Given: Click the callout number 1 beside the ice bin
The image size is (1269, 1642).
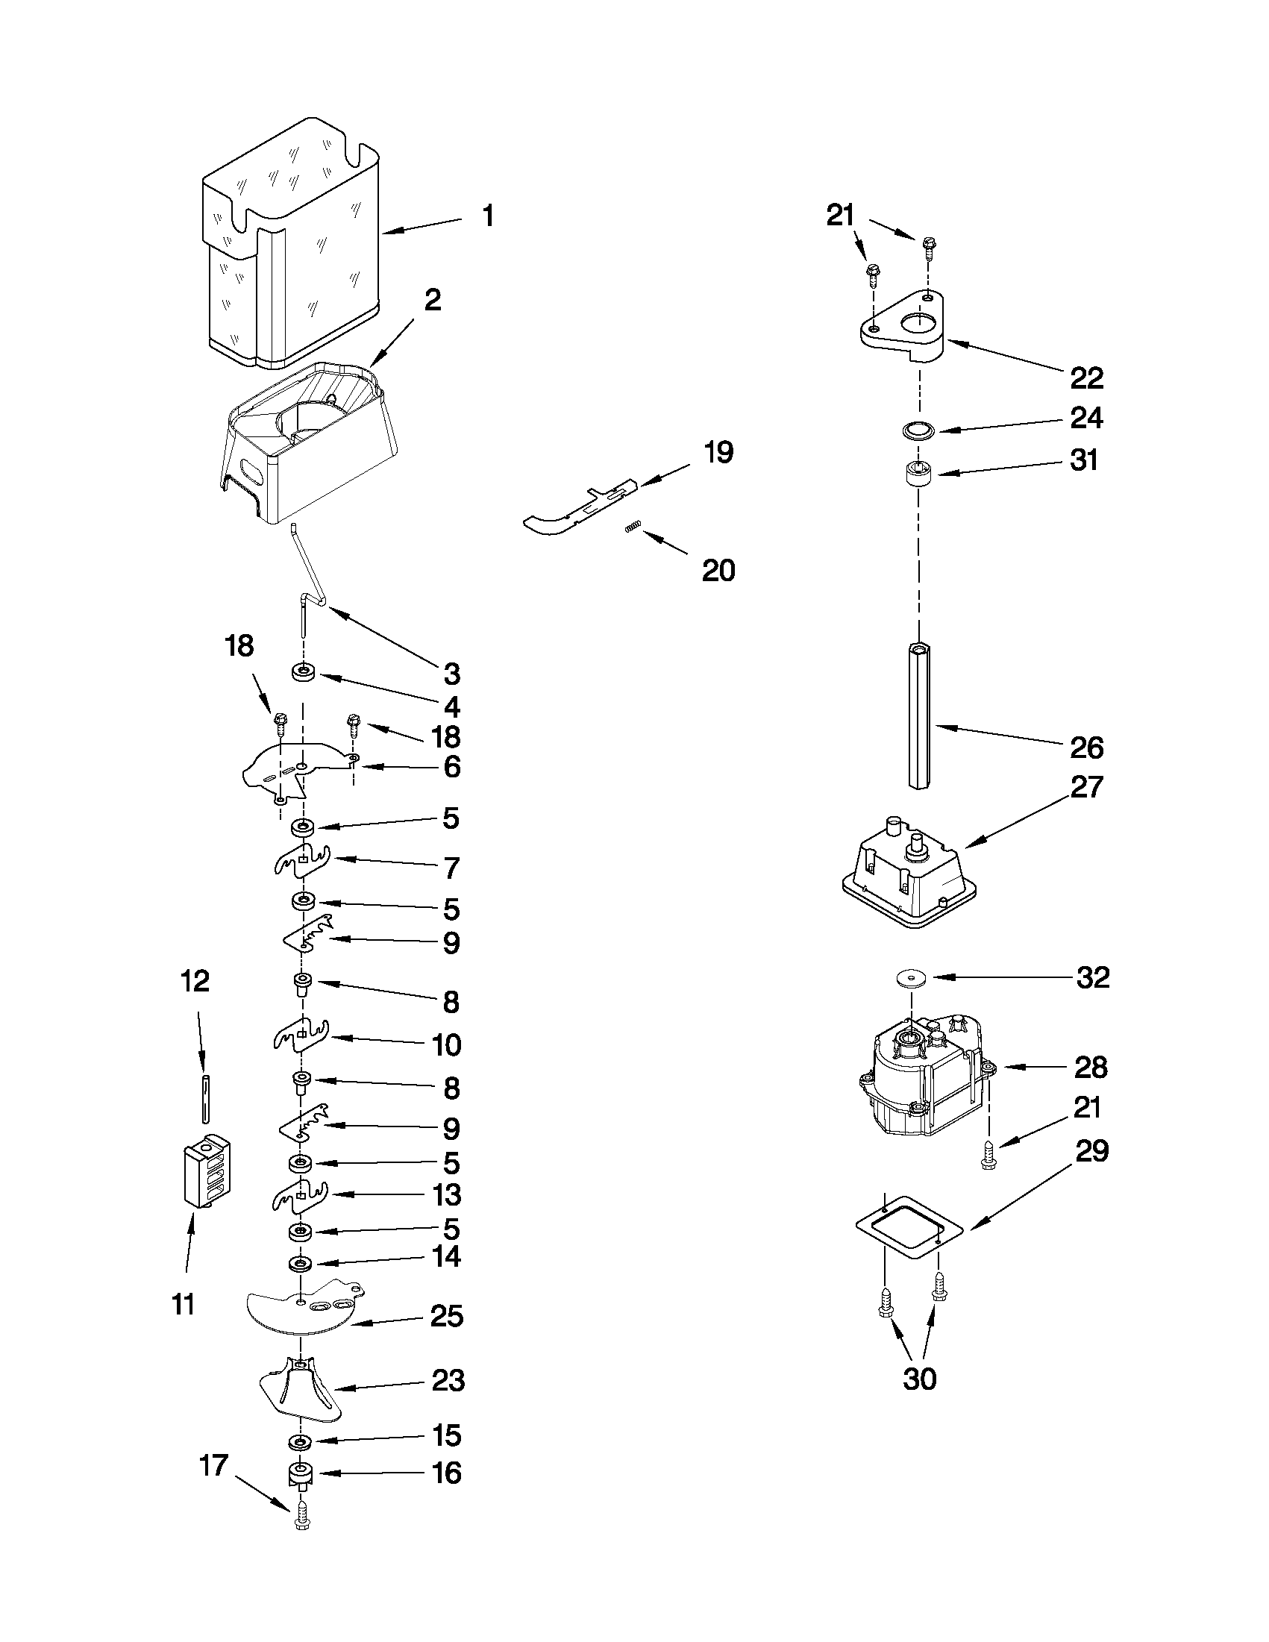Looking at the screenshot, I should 489,216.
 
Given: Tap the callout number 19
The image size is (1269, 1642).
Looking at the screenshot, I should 718,454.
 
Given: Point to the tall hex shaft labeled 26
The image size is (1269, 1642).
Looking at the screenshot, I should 918,714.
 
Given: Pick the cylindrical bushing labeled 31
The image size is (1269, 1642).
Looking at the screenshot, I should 918,475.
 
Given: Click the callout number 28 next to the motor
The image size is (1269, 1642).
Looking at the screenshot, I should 1090,1067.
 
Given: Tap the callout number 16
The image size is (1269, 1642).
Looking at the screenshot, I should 447,1473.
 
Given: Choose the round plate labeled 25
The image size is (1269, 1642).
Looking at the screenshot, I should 301,1310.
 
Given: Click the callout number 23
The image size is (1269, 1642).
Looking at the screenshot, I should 448,1380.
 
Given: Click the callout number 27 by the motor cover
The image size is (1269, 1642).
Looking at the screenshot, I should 1086,787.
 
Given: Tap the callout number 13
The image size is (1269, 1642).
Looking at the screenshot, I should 447,1194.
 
